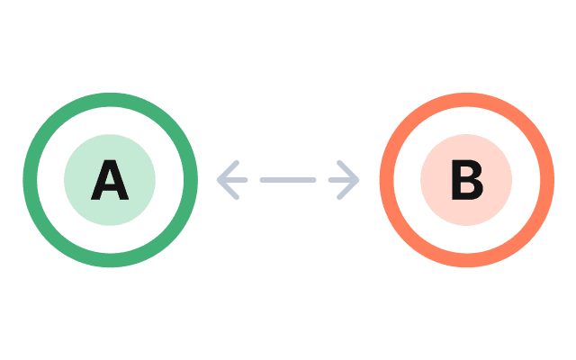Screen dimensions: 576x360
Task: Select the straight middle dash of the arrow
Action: click(288, 180)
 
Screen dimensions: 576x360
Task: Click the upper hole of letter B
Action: click(468, 172)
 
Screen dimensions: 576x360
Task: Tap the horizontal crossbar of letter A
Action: click(110, 187)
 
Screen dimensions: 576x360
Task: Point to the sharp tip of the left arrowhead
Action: click(218, 180)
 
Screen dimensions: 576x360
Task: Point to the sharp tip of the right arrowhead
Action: click(358, 180)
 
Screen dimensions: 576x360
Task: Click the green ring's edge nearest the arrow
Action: click(191, 180)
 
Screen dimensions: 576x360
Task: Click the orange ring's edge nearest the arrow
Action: click(385, 180)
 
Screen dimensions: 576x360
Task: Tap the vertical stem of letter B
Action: click(456, 181)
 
